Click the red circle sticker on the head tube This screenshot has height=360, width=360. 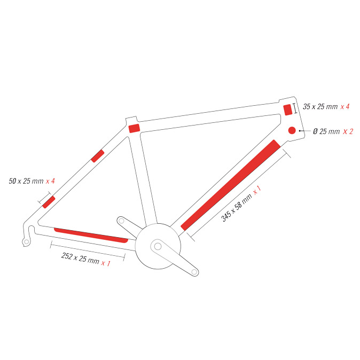(x=292, y=130)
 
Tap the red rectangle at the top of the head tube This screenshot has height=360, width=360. (x=288, y=109)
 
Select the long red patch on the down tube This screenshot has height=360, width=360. (x=231, y=185)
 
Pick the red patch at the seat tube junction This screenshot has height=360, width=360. (x=134, y=128)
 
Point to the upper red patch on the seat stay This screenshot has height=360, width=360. (x=98, y=156)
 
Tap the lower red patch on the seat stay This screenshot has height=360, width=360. (x=49, y=202)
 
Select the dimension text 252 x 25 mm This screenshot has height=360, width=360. (x=80, y=258)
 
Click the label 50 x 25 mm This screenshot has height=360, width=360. (x=26, y=181)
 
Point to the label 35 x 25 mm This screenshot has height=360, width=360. (x=320, y=106)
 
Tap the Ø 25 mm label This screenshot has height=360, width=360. (x=326, y=131)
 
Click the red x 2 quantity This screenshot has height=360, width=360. (x=348, y=131)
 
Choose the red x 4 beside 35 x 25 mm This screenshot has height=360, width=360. (x=345, y=106)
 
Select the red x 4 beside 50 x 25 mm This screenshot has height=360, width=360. (x=50, y=181)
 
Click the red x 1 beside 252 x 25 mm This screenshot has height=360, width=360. (x=106, y=263)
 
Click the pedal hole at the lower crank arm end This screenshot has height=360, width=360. (x=194, y=272)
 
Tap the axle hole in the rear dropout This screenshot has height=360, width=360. (x=26, y=241)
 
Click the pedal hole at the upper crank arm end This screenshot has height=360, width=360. (x=121, y=221)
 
